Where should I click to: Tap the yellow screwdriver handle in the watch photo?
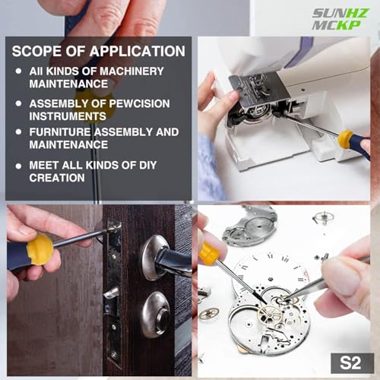point(208,253)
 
